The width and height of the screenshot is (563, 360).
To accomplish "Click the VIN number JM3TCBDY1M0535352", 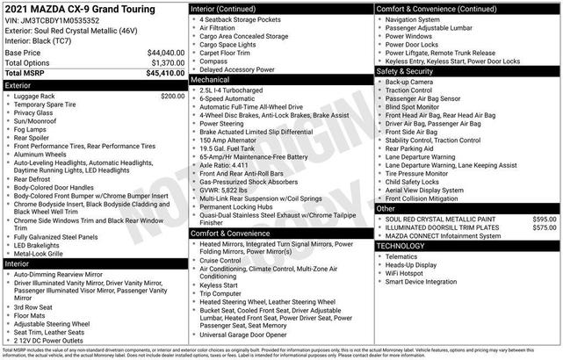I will pos(62,20).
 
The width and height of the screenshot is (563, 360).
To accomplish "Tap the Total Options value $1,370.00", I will pos(167,63).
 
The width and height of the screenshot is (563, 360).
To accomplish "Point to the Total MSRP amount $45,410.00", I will pos(164,74).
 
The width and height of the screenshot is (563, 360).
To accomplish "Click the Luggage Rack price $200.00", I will pos(173,97).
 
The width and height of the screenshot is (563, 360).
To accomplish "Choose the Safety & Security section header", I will pos(408,71).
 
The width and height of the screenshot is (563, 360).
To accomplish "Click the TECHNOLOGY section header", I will pos(402,247).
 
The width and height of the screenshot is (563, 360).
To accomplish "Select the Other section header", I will pos(386,209).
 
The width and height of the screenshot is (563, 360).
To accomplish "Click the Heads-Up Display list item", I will pos(413,264).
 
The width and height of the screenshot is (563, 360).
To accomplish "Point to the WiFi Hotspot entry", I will pos(407,273).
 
